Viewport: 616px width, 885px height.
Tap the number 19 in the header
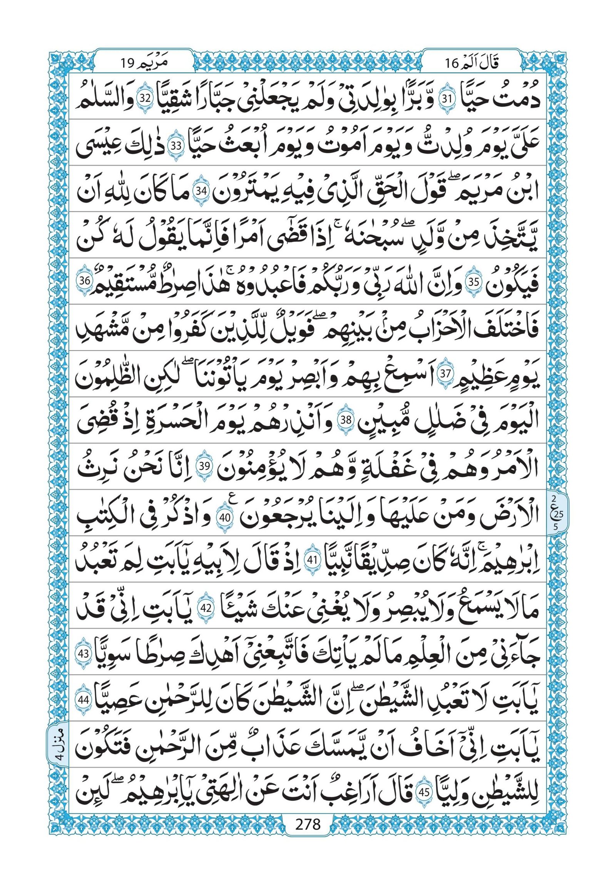click(x=127, y=63)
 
